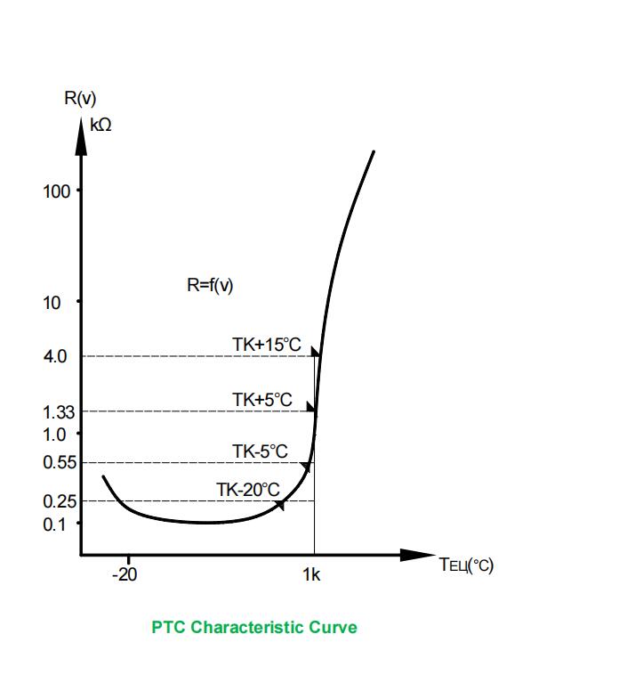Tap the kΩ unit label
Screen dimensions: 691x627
(x=101, y=125)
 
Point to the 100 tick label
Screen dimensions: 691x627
(x=55, y=191)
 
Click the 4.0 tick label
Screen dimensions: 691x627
(x=54, y=356)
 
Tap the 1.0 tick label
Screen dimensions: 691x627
(x=54, y=435)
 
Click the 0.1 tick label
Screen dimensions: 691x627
(x=54, y=524)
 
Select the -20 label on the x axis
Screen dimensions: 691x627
(x=125, y=574)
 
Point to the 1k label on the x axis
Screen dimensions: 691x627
(x=310, y=574)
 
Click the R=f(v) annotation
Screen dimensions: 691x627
(x=210, y=286)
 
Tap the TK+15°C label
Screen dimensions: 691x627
(x=267, y=344)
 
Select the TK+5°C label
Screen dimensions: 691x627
(x=262, y=400)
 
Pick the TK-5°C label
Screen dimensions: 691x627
(x=260, y=451)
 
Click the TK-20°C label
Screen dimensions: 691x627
(x=248, y=490)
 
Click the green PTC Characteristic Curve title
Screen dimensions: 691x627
(x=254, y=628)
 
